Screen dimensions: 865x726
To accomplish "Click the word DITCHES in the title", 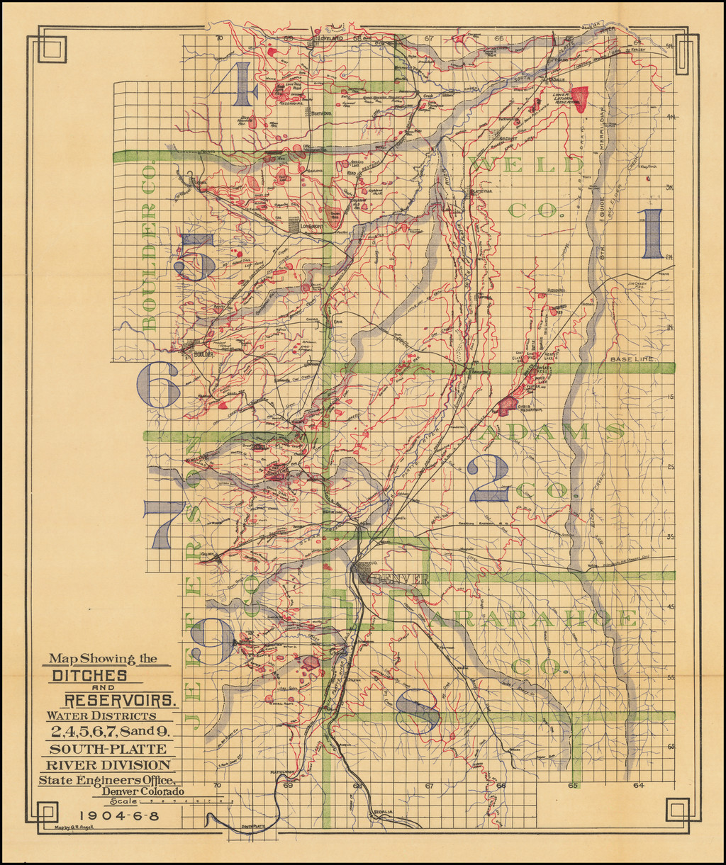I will pos(89,676).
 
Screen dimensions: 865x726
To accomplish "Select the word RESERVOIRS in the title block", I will pos(121,701).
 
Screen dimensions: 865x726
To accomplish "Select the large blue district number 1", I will pos(653,234).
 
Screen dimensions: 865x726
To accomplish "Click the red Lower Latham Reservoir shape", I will pos(579,98).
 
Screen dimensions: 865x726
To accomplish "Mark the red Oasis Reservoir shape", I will pos(508,405).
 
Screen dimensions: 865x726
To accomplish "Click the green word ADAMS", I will pos(553,432).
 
